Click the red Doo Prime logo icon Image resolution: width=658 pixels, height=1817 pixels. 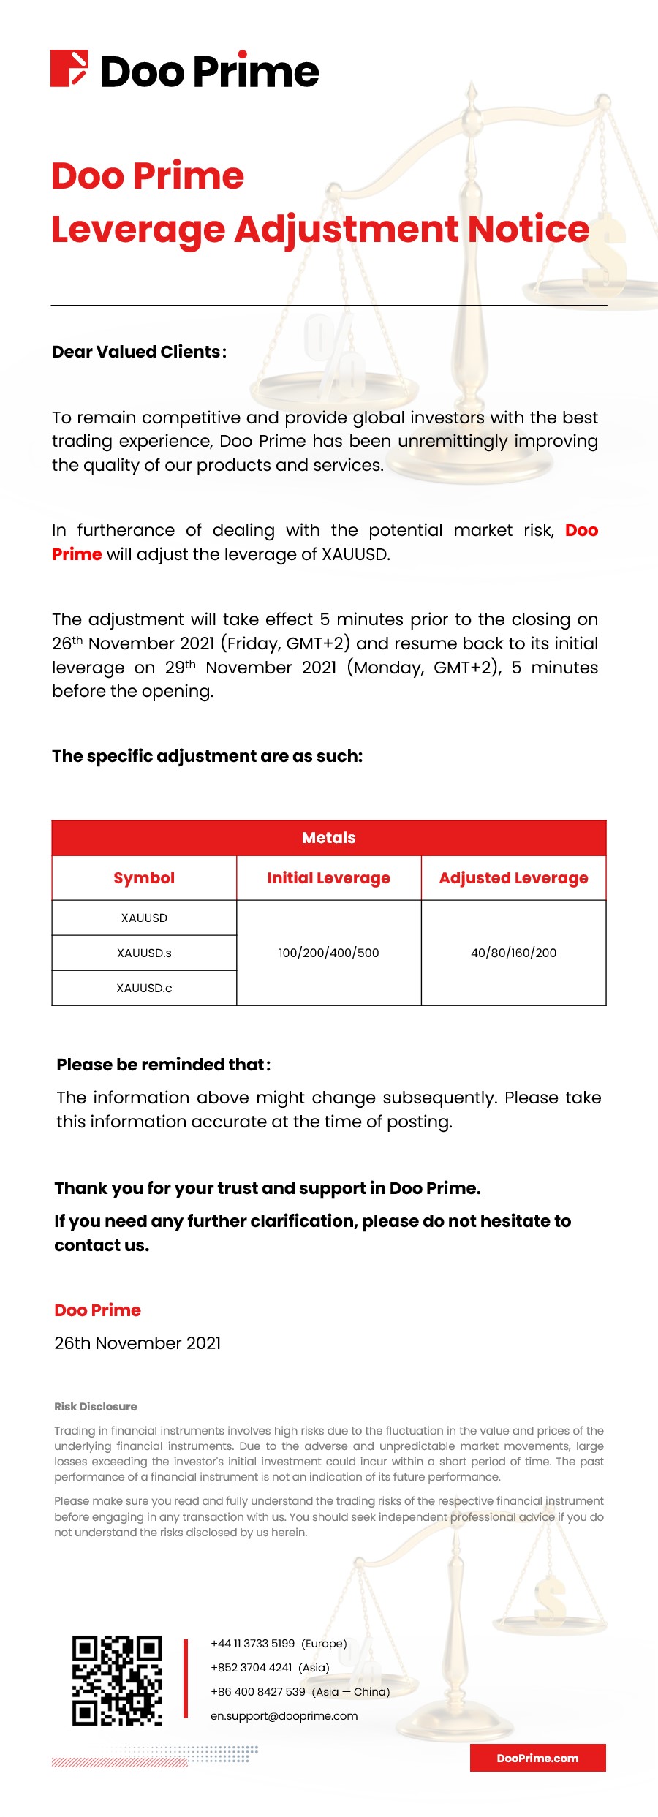[x=69, y=69]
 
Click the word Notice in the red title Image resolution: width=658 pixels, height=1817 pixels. [x=528, y=230]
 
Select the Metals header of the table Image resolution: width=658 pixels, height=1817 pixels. [x=329, y=838]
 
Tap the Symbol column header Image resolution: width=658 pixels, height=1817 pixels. [x=144, y=878]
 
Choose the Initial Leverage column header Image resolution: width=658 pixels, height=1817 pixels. [x=329, y=878]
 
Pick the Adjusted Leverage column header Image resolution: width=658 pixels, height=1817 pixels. [x=513, y=878]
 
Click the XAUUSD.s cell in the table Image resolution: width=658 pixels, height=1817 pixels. [x=144, y=953]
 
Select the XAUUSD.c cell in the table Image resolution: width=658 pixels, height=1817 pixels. [x=144, y=988]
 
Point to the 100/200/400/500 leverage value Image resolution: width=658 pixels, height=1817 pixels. [x=329, y=953]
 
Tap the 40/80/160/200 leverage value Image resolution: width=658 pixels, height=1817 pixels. [x=513, y=953]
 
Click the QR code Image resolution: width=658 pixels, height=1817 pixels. [x=117, y=1680]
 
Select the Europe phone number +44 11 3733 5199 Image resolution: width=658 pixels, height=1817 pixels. [x=253, y=1644]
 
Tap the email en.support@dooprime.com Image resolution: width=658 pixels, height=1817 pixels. [x=284, y=1716]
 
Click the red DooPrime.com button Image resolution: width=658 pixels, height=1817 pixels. [x=537, y=1758]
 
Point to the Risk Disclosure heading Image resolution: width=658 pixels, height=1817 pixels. [x=96, y=1407]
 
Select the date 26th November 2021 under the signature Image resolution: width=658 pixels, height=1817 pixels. [x=137, y=1343]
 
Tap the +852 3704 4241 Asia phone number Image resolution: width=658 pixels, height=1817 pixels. [x=252, y=1668]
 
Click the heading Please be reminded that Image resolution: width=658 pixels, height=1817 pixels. [x=163, y=1065]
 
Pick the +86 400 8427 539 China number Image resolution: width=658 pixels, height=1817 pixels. [x=258, y=1692]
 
